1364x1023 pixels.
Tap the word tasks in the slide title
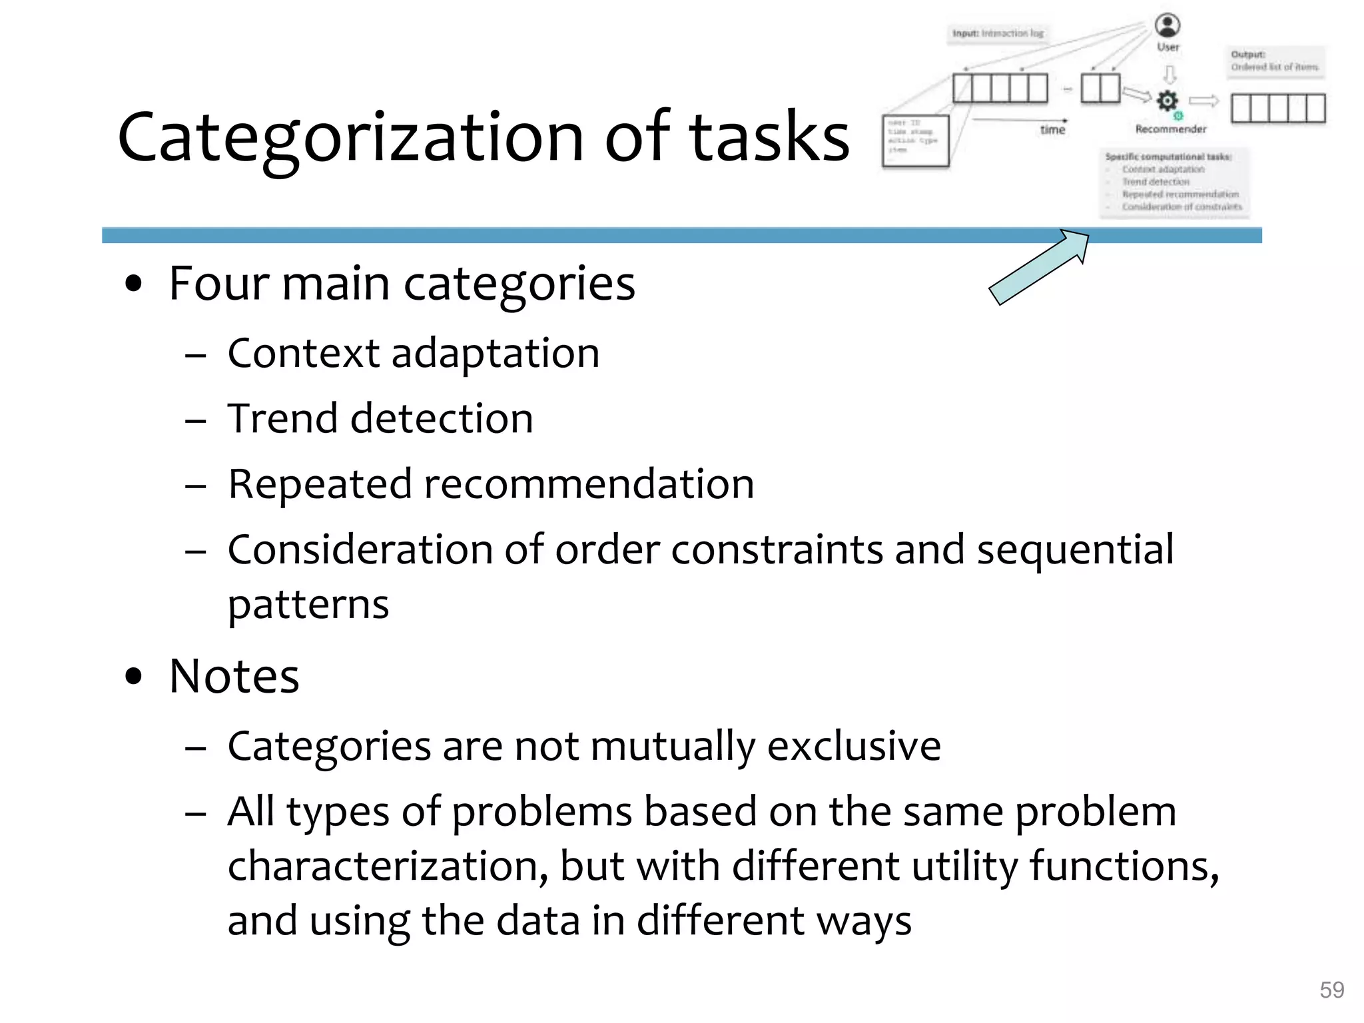[x=769, y=138]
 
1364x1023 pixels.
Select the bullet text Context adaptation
[x=413, y=353]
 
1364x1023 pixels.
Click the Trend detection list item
[x=380, y=418]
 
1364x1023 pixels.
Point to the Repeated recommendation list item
[x=491, y=484]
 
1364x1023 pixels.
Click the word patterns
[x=308, y=605]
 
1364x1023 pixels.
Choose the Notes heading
[x=234, y=677]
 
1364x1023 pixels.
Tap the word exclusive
[x=854, y=746]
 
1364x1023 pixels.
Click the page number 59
[x=1331, y=990]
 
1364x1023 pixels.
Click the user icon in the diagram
[x=1167, y=25]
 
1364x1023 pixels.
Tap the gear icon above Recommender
[x=1167, y=101]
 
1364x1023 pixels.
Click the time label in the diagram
[x=1052, y=130]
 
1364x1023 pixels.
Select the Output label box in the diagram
[x=1275, y=61]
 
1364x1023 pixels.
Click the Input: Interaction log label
[x=998, y=33]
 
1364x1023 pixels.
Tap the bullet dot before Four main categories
[x=134, y=284]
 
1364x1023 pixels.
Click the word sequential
[x=1075, y=550]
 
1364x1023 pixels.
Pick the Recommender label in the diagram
[x=1170, y=129]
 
